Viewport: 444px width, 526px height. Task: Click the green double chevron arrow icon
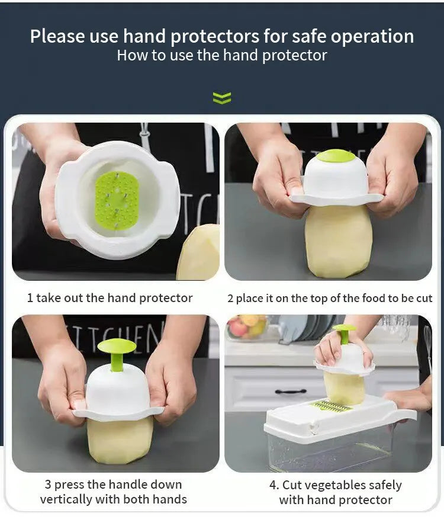click(x=222, y=98)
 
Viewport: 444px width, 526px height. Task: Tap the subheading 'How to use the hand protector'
click(x=222, y=56)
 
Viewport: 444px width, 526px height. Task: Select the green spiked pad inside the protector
click(x=117, y=200)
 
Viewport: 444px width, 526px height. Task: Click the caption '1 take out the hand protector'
click(x=110, y=298)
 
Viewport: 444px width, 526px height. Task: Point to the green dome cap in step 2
click(x=336, y=156)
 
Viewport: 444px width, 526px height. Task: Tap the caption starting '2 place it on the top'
click(x=330, y=298)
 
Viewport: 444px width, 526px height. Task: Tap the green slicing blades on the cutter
click(x=333, y=406)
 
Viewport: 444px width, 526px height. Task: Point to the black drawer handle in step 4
click(x=291, y=391)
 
